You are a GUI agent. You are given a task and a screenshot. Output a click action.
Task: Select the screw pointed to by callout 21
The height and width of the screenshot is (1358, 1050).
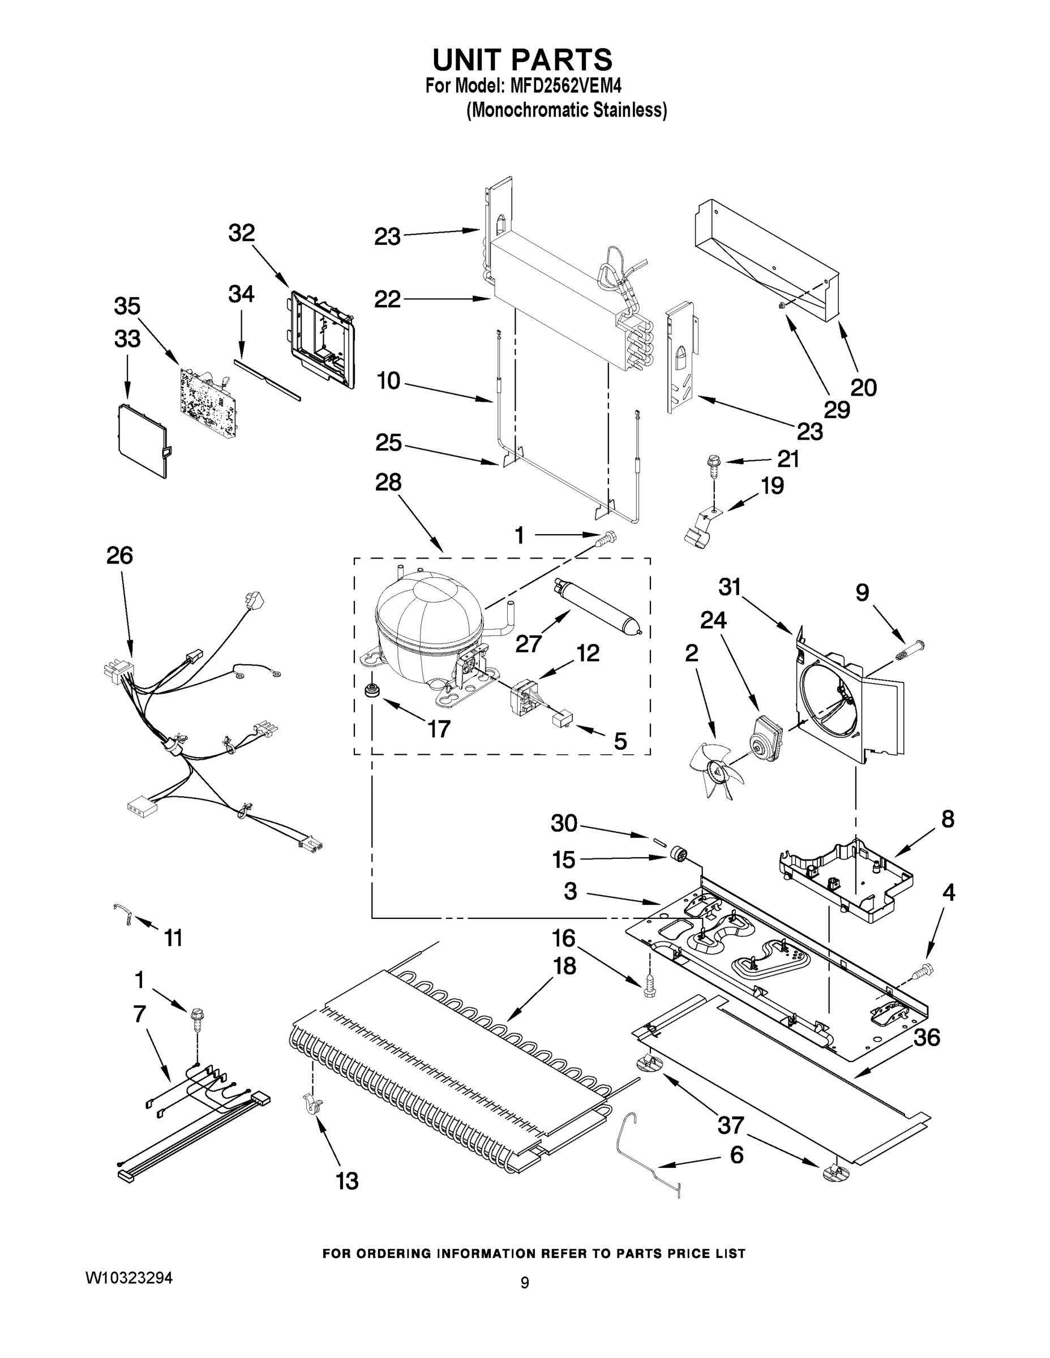tap(711, 466)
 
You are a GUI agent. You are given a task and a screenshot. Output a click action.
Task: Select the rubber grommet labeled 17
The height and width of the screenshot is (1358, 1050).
tap(372, 690)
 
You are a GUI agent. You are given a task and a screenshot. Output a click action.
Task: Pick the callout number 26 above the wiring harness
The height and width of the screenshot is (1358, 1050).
tap(119, 555)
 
